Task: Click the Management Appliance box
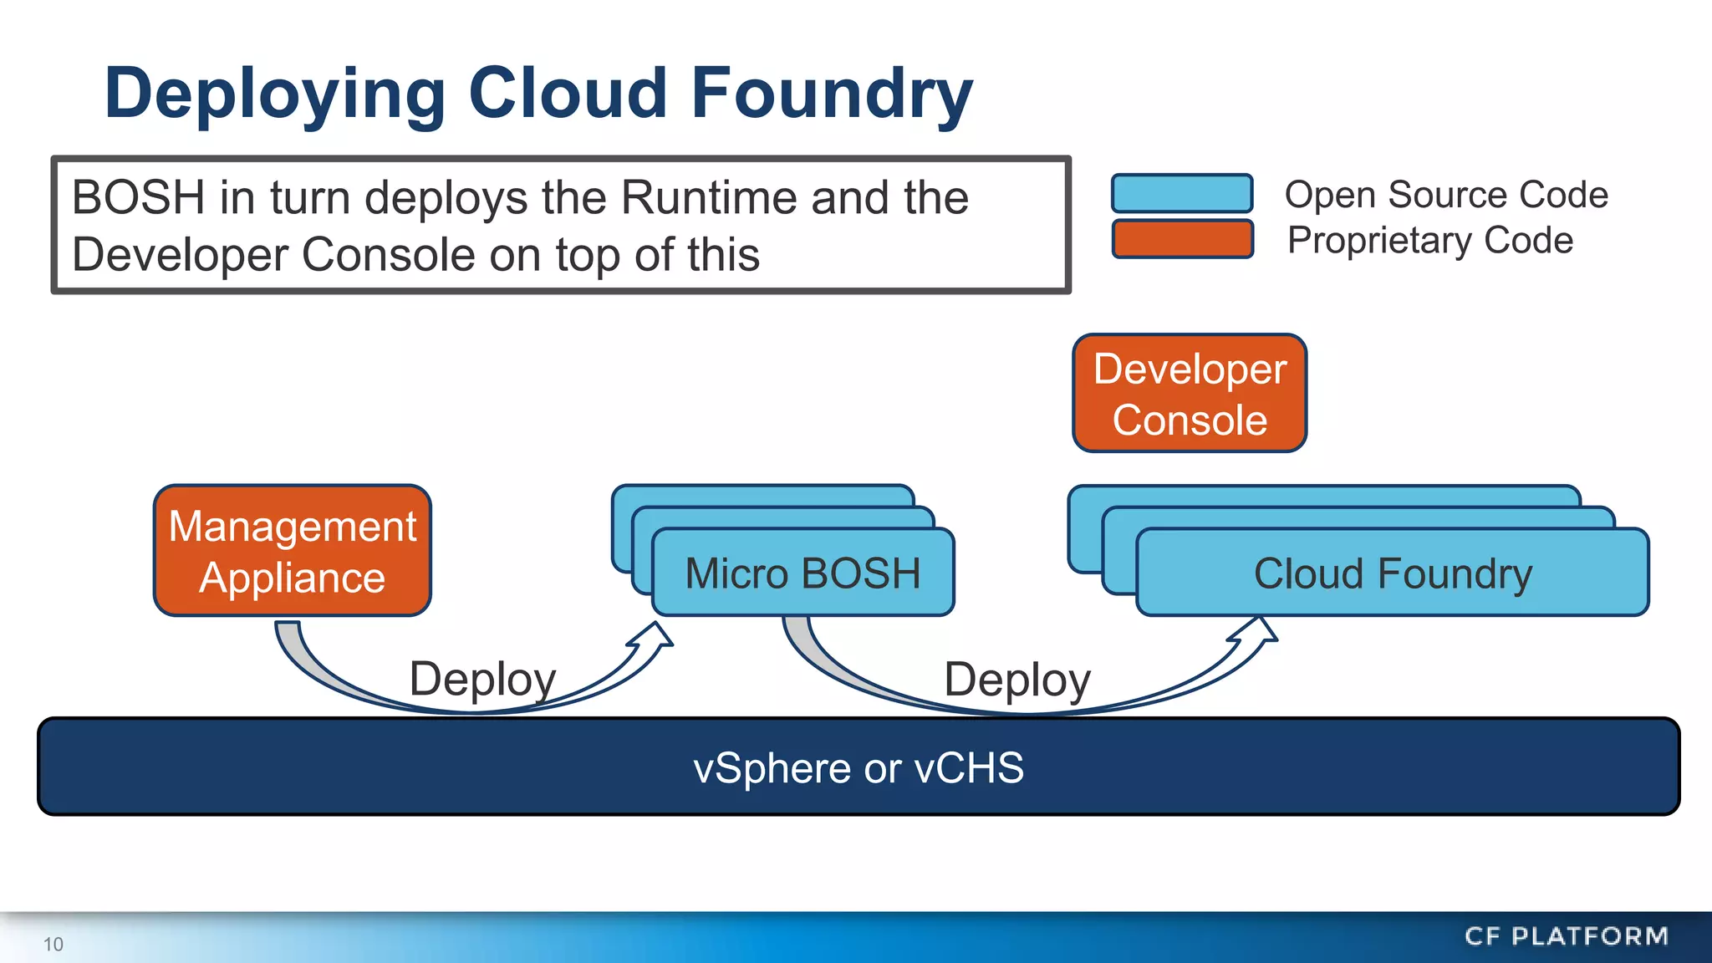(x=292, y=551)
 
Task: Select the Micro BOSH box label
(x=802, y=573)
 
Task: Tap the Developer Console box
(x=1189, y=394)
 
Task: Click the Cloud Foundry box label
(x=1393, y=573)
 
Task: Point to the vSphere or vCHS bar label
(x=859, y=767)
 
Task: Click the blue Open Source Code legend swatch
(x=1181, y=193)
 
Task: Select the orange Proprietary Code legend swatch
(x=1181, y=239)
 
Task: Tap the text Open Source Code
(x=1445, y=194)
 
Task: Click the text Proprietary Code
(x=1429, y=240)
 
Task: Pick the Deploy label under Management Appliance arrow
(x=482, y=678)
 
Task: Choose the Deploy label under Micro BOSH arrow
(x=1016, y=679)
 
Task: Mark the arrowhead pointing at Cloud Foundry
(x=1257, y=633)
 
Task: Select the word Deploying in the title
(x=275, y=94)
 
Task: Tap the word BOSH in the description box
(x=138, y=198)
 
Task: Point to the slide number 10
(x=53, y=944)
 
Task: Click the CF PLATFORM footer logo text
(x=1566, y=935)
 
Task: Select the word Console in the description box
(x=388, y=254)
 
